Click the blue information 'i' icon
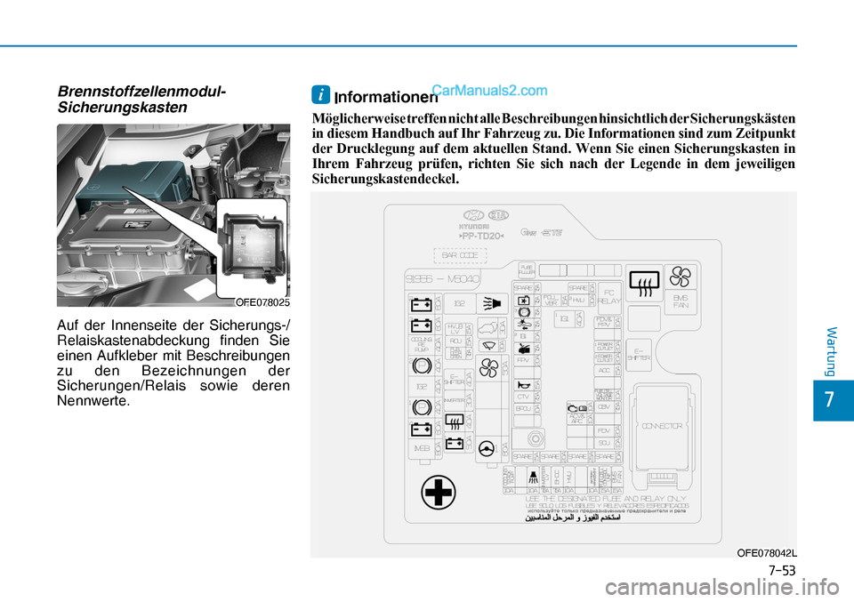(321, 92)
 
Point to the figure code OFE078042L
(767, 553)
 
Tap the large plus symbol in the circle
(439, 492)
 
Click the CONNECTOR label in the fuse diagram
(661, 426)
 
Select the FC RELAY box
(608, 296)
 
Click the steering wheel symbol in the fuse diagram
(487, 448)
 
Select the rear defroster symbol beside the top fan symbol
(643, 280)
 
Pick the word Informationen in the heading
(375, 98)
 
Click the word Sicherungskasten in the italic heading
(122, 107)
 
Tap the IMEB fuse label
(422, 448)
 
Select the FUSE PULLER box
(527, 268)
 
